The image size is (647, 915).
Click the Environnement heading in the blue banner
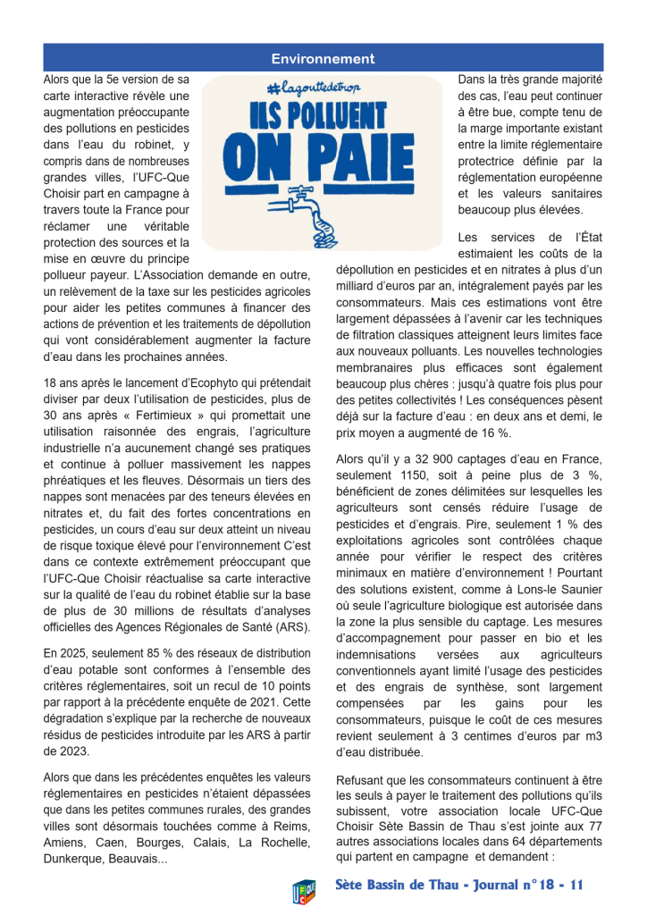coord(323,59)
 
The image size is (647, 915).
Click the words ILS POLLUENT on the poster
coord(323,118)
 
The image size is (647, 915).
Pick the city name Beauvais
coord(144,859)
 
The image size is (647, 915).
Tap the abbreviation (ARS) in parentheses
coord(293,626)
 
